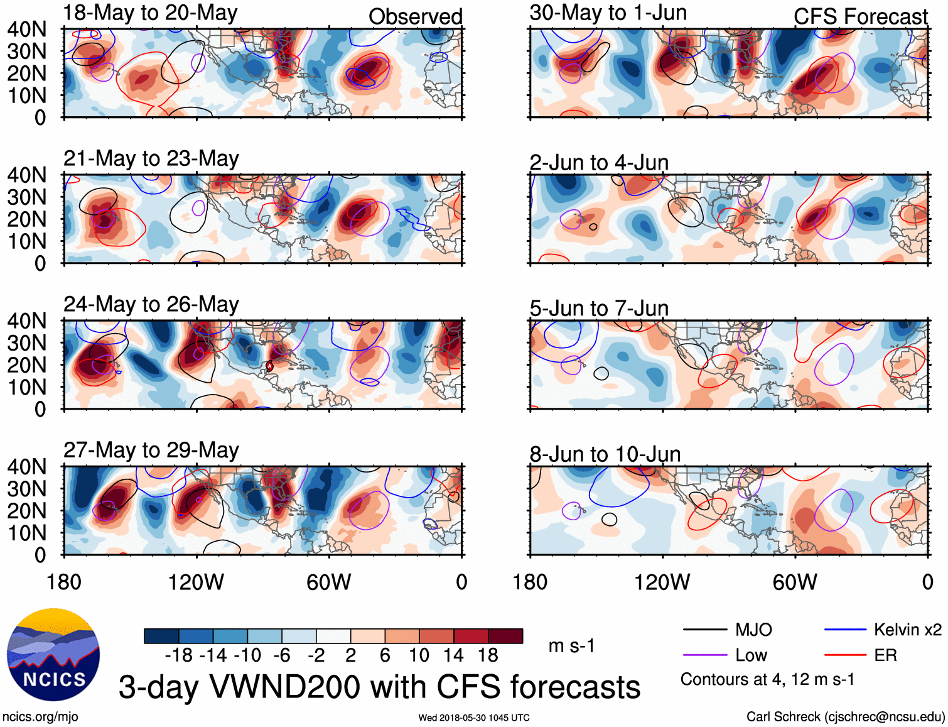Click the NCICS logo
53,655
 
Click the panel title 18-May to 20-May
150,13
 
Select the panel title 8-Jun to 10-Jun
605,454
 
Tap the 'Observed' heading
415,17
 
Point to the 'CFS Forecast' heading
860,17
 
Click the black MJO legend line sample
704,630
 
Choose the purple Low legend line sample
704,655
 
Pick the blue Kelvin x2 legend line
845,630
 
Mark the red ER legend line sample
845,655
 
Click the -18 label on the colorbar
179,655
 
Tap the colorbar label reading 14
453,655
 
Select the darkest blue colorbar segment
161,636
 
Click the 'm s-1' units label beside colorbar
571,646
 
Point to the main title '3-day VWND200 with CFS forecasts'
379,687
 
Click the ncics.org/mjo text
40,717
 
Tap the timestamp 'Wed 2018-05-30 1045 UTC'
474,718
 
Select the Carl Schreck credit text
845,717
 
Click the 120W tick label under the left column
196,582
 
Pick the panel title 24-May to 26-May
151,305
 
